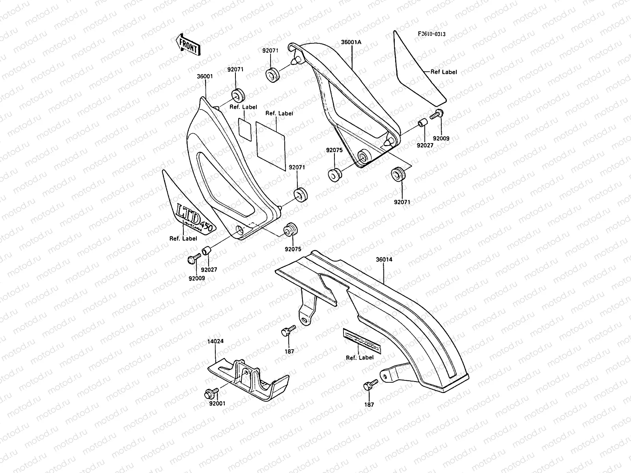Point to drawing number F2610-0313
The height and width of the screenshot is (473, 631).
tap(432, 34)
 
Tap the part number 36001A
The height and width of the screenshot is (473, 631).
tap(351, 41)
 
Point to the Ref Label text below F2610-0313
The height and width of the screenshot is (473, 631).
tap(444, 72)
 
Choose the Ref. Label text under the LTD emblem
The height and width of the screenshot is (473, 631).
tap(183, 238)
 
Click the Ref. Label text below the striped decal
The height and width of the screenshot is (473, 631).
tap(360, 358)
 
